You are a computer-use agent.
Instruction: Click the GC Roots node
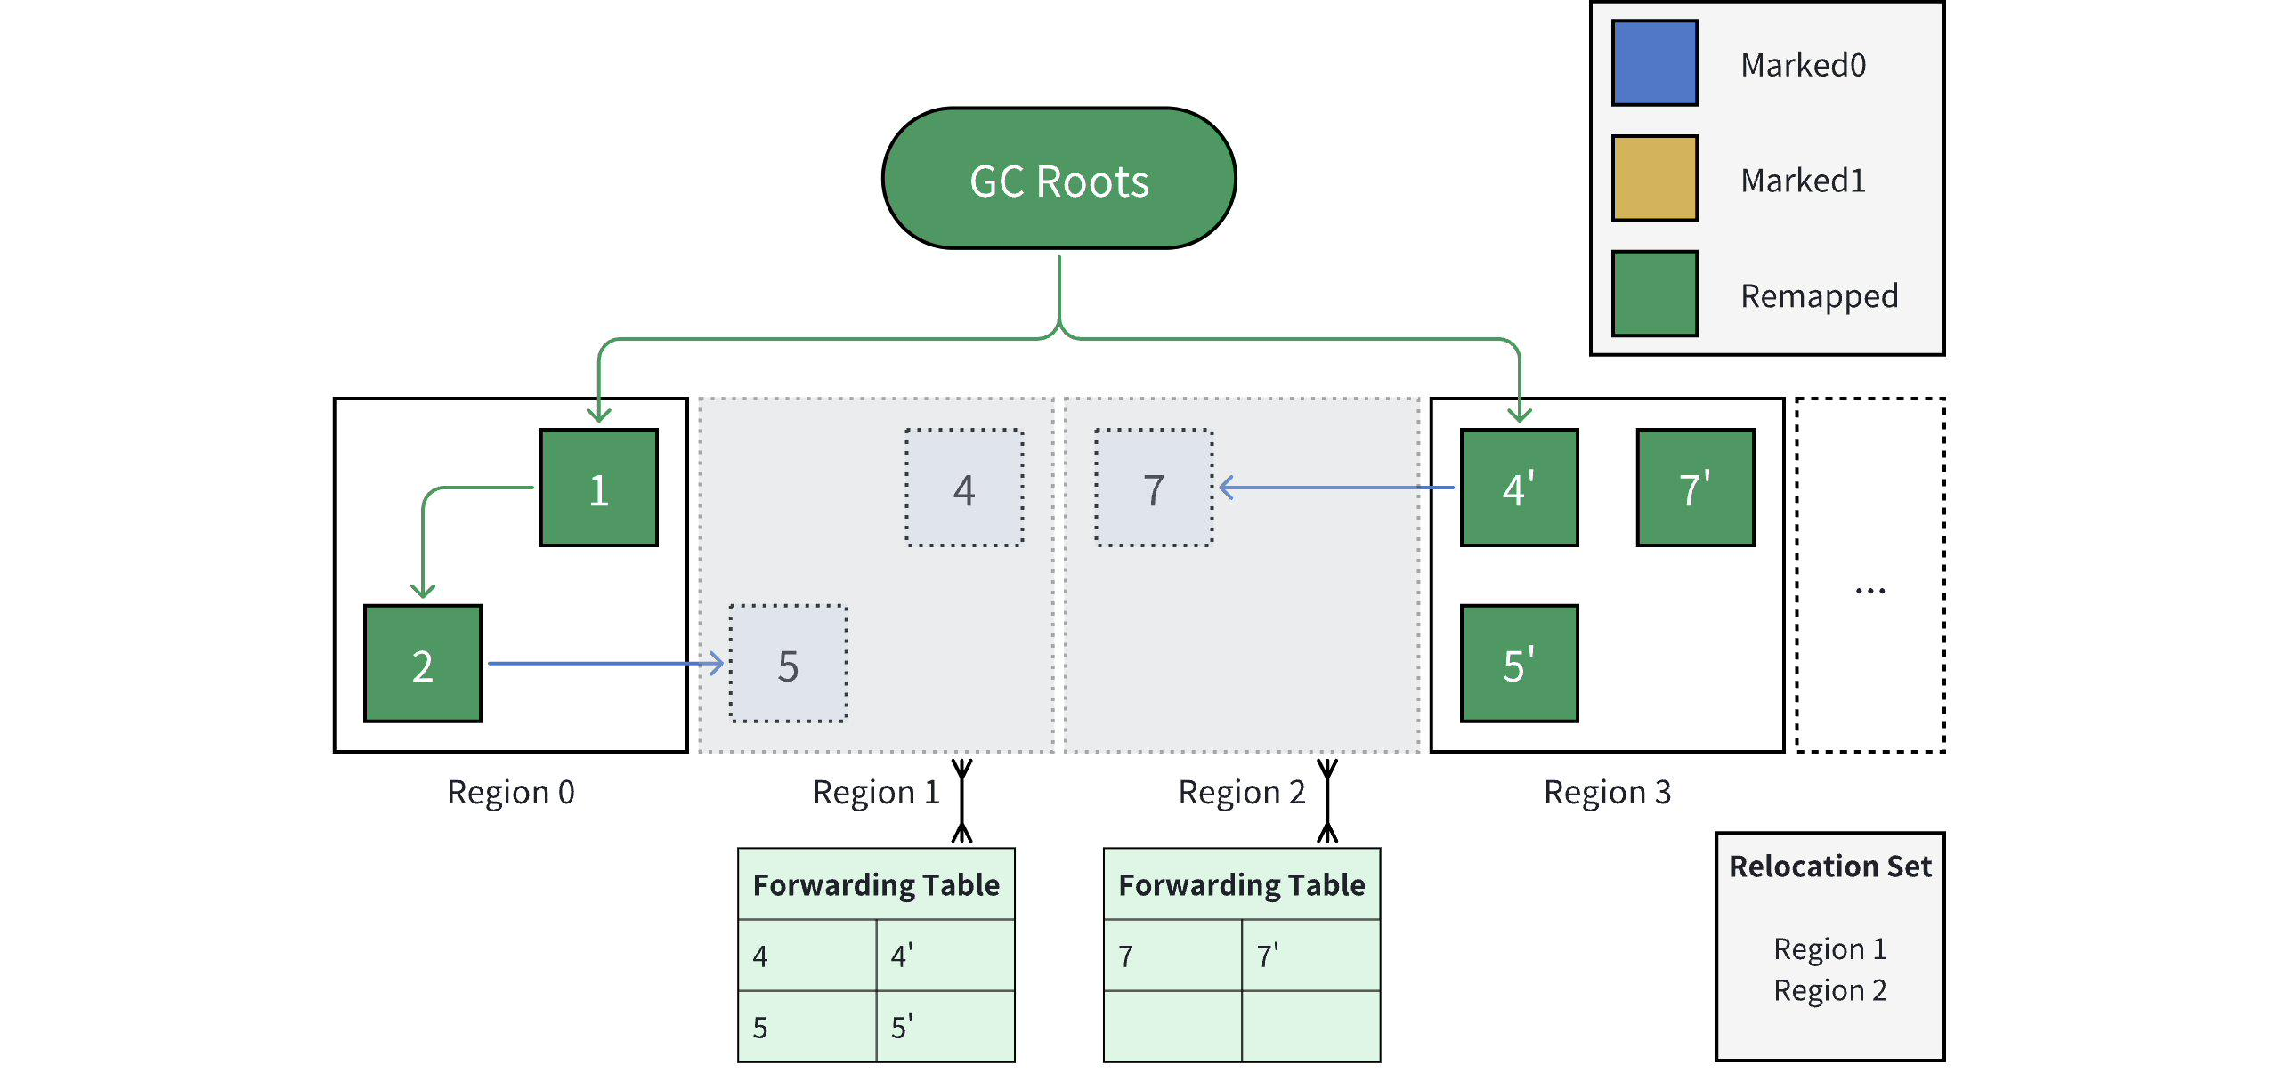tap(1059, 179)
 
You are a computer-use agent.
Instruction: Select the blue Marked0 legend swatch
tap(1655, 63)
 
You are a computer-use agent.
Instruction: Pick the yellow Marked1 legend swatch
tap(1655, 178)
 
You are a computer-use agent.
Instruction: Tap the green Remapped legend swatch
tap(1655, 294)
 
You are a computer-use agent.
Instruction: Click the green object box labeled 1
tap(599, 488)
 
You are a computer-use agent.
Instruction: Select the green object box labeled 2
tap(423, 664)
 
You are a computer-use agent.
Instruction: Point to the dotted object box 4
tap(964, 488)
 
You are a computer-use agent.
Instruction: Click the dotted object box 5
tap(788, 664)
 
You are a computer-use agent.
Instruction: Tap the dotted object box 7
tap(1154, 488)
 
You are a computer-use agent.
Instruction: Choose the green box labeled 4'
tap(1520, 488)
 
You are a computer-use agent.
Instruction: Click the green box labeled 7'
tap(1696, 488)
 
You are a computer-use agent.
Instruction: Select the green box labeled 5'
tap(1520, 664)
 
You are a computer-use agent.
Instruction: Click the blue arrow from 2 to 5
tap(606, 664)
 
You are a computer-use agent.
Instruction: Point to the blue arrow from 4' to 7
tap(1336, 488)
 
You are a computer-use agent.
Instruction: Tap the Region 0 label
tap(511, 792)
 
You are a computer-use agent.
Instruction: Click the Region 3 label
tap(1608, 792)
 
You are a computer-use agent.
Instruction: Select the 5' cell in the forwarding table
tap(945, 1027)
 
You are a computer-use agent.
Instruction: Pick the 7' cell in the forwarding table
tap(1311, 956)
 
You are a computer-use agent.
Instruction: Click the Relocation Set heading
tap(1830, 867)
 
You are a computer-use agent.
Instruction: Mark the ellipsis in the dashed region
tap(1870, 591)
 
